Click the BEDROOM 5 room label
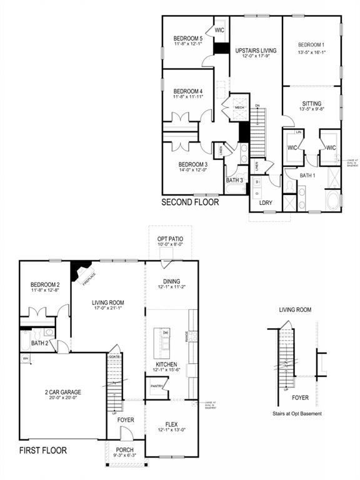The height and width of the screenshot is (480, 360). tap(188, 39)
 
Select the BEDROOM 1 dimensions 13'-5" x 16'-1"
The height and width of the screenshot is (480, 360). tap(311, 52)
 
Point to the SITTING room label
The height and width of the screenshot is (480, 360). tap(311, 103)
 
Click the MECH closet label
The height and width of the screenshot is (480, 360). tap(239, 108)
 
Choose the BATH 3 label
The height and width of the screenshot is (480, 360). tap(234, 181)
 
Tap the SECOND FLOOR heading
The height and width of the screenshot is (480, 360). tap(190, 202)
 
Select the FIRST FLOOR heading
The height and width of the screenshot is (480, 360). tap(42, 449)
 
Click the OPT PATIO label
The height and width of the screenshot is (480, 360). tap(171, 239)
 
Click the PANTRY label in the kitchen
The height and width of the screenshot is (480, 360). tap(157, 386)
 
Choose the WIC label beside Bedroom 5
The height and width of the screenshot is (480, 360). tap(219, 29)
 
